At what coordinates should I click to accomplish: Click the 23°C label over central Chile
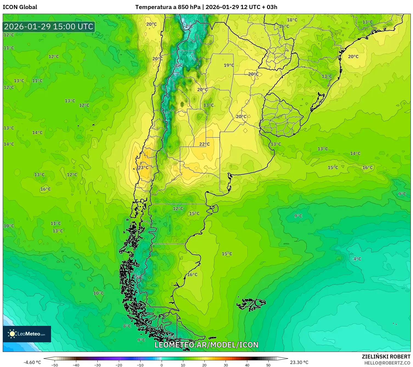point(143,168)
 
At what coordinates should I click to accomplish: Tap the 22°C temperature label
point(204,144)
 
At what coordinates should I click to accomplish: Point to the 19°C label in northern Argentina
point(229,65)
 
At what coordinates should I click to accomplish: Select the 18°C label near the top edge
point(292,20)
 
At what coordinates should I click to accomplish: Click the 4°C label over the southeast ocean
point(357,259)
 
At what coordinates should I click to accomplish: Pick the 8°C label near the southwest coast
point(127,326)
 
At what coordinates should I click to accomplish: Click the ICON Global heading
point(20,7)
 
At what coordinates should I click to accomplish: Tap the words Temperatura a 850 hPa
point(168,7)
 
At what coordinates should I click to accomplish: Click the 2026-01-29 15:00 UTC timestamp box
point(49,27)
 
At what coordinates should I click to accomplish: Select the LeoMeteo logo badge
point(27,334)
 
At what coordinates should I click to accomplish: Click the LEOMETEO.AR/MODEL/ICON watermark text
point(206,345)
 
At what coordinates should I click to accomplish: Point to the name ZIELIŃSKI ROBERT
point(386,357)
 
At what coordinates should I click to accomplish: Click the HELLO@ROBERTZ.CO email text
point(387,363)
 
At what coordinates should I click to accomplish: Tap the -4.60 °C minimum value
point(32,362)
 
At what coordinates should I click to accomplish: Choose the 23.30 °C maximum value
point(299,362)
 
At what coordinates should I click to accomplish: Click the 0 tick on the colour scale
point(162,365)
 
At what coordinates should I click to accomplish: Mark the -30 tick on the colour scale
point(97,365)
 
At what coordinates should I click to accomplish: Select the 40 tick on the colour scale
point(247,365)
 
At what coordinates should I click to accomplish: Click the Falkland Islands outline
point(251,304)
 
